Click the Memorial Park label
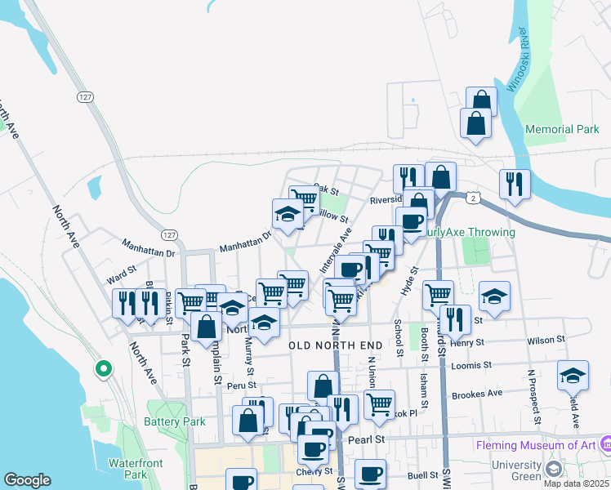[x=562, y=130]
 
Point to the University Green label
[x=517, y=470]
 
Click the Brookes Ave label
[x=479, y=394]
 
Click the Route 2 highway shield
[x=472, y=198]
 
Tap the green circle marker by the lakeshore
[x=103, y=370]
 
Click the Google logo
[x=27, y=480]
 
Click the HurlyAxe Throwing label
[x=469, y=233]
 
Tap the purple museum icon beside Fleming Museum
[x=605, y=444]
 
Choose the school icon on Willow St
[x=288, y=214]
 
